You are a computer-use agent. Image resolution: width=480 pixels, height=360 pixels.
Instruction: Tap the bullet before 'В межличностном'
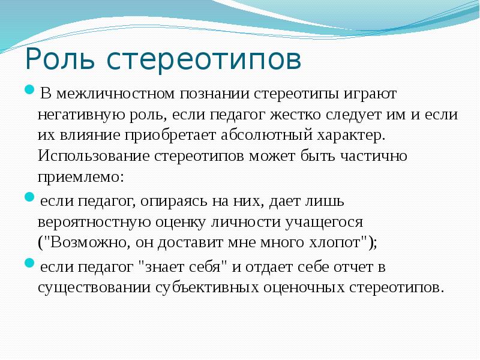(29, 89)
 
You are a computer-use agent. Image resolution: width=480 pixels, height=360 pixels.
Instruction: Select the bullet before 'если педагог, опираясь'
(29, 197)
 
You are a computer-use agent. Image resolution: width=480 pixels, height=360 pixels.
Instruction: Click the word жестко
(295, 114)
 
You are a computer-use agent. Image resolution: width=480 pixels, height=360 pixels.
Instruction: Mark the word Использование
(94, 156)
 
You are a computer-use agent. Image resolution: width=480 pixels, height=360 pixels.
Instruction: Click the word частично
(373, 156)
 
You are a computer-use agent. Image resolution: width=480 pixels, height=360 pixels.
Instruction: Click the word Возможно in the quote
(88, 242)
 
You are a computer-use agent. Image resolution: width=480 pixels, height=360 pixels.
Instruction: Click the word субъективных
(207, 288)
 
